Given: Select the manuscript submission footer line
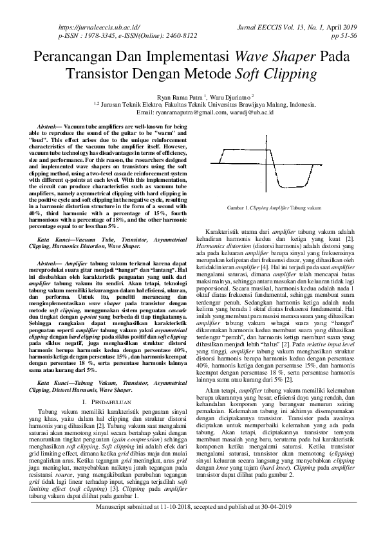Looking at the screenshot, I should point(191,526).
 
